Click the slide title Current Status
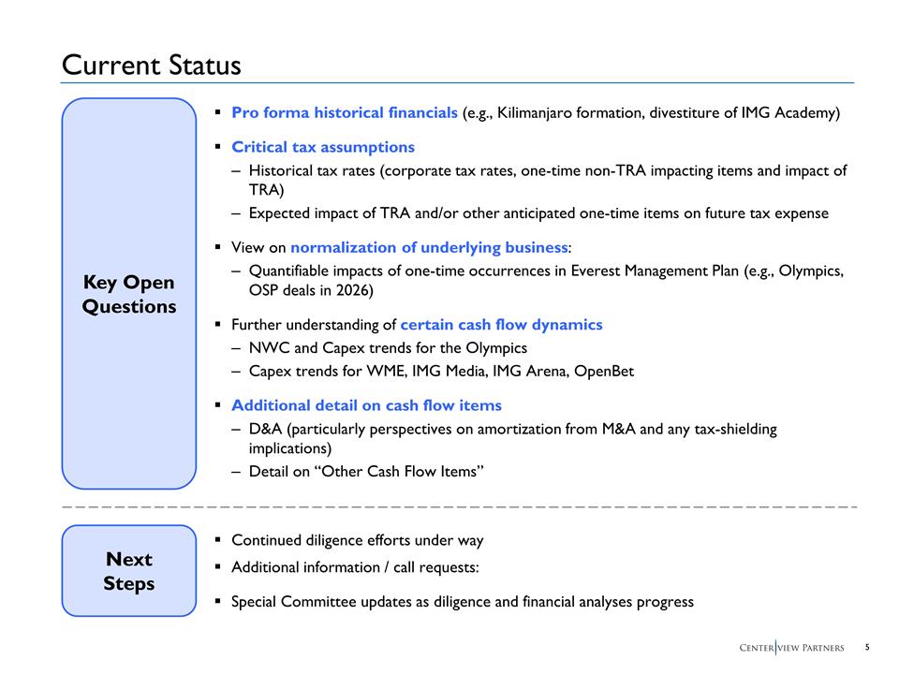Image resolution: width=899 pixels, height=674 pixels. pos(151,66)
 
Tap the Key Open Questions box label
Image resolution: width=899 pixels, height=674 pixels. pos(129,294)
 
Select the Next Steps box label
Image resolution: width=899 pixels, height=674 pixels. pos(129,571)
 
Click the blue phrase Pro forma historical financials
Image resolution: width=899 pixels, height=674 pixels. pos(344,113)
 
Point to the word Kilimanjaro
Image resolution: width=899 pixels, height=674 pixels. pos(540,113)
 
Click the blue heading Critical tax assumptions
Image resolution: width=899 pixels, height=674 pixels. pos(322,147)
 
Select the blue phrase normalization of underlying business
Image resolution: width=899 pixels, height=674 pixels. pos(429,248)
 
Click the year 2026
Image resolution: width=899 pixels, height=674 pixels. pos(353,290)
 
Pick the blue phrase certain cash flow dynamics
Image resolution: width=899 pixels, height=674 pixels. pos(501,325)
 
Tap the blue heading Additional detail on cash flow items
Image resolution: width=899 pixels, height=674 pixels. pos(366,405)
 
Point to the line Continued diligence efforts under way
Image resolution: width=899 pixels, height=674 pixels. pos(357,541)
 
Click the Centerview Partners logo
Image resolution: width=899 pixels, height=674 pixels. pos(791,648)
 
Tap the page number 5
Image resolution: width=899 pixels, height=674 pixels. pos(867,647)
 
